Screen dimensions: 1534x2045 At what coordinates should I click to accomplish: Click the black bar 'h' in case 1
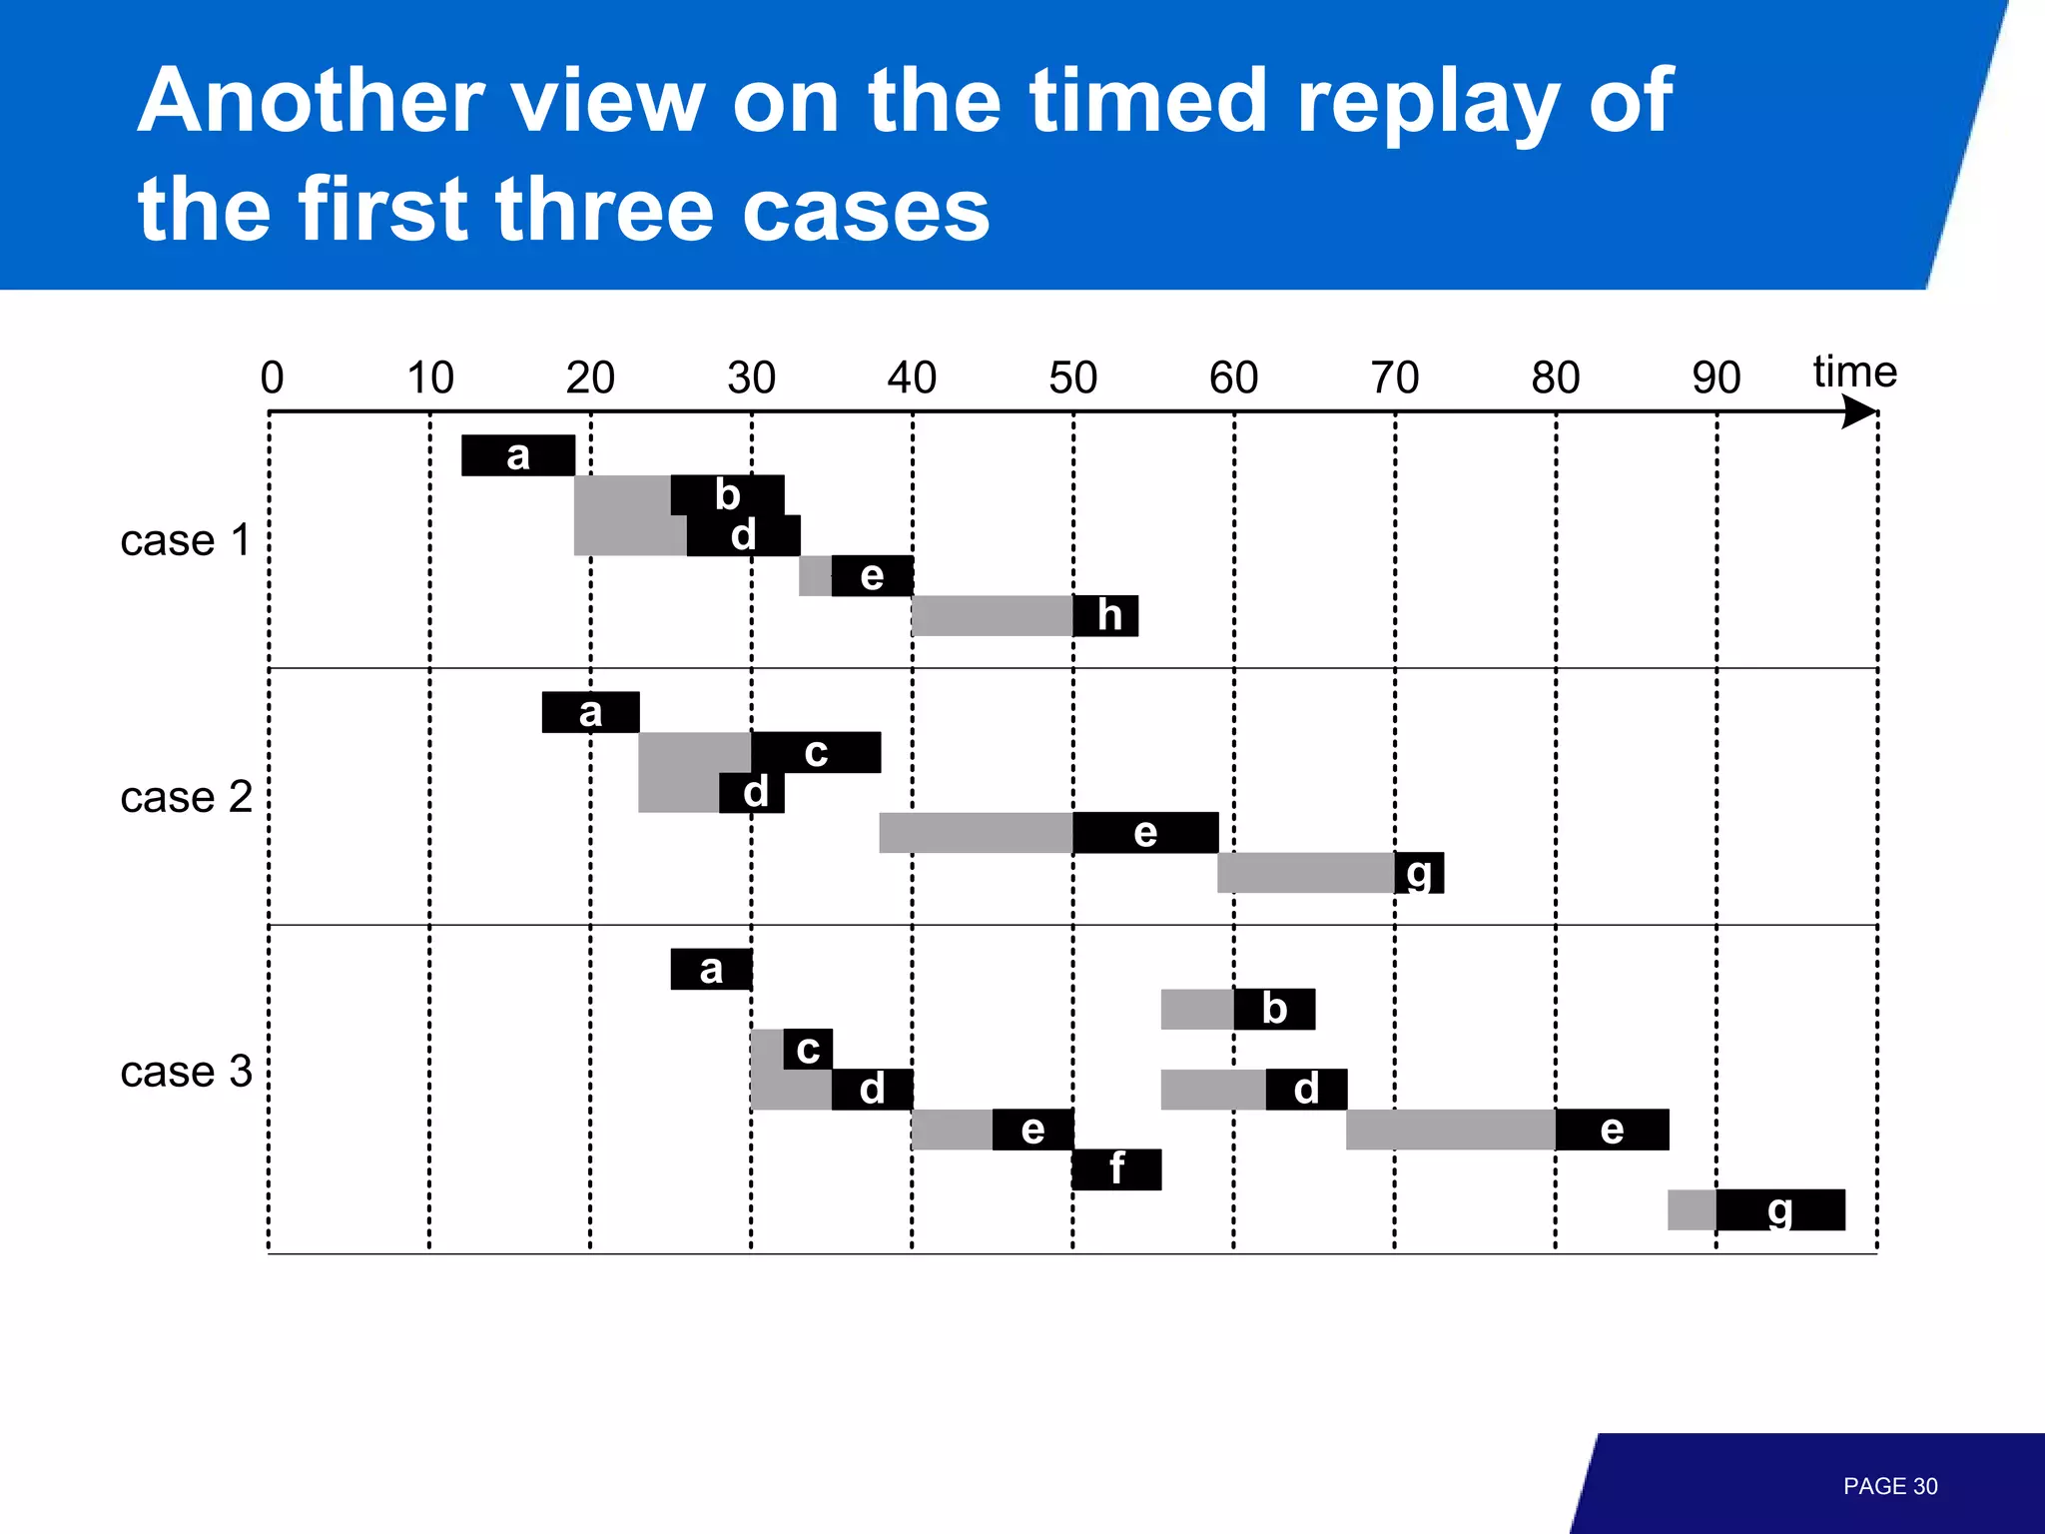tap(1105, 615)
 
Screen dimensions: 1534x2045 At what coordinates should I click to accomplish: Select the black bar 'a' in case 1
tap(518, 455)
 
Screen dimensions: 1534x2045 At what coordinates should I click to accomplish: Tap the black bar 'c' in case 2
tap(816, 752)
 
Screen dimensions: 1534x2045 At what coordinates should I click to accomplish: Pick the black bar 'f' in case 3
tap(1116, 1168)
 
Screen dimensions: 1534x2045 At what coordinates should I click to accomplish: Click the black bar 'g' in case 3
tap(1780, 1209)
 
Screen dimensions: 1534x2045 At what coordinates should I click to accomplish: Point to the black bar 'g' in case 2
tap(1419, 873)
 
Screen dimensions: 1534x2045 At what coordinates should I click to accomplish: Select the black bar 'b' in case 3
tap(1274, 1009)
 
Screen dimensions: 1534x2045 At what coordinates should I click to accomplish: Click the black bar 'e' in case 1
tap(872, 575)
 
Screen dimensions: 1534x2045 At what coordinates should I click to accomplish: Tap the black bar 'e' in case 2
tap(1145, 833)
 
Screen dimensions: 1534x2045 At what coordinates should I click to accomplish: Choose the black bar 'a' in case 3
tap(711, 969)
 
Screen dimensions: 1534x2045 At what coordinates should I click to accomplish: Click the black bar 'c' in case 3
tap(808, 1049)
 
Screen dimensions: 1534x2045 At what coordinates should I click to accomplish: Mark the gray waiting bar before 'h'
tap(993, 615)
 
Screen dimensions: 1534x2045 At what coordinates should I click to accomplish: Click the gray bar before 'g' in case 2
tap(1306, 873)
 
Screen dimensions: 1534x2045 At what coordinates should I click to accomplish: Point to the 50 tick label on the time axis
tap(1072, 379)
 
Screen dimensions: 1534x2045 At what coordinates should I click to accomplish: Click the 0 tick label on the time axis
tap(272, 379)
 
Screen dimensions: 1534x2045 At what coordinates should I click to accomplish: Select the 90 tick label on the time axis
tap(1715, 379)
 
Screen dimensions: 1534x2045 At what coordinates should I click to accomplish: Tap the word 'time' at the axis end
tap(1854, 372)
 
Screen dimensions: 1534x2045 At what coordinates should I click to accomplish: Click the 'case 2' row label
tap(186, 797)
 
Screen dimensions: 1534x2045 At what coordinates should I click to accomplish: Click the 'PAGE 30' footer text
tap(1889, 1486)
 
